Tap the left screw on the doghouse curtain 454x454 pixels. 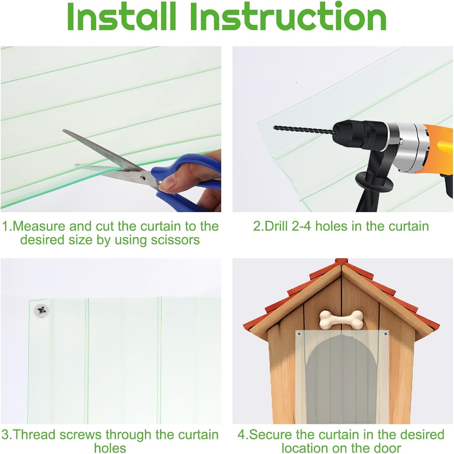pos(300,334)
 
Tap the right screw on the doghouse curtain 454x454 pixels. pos(385,334)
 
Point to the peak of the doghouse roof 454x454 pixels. pos(341,260)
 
